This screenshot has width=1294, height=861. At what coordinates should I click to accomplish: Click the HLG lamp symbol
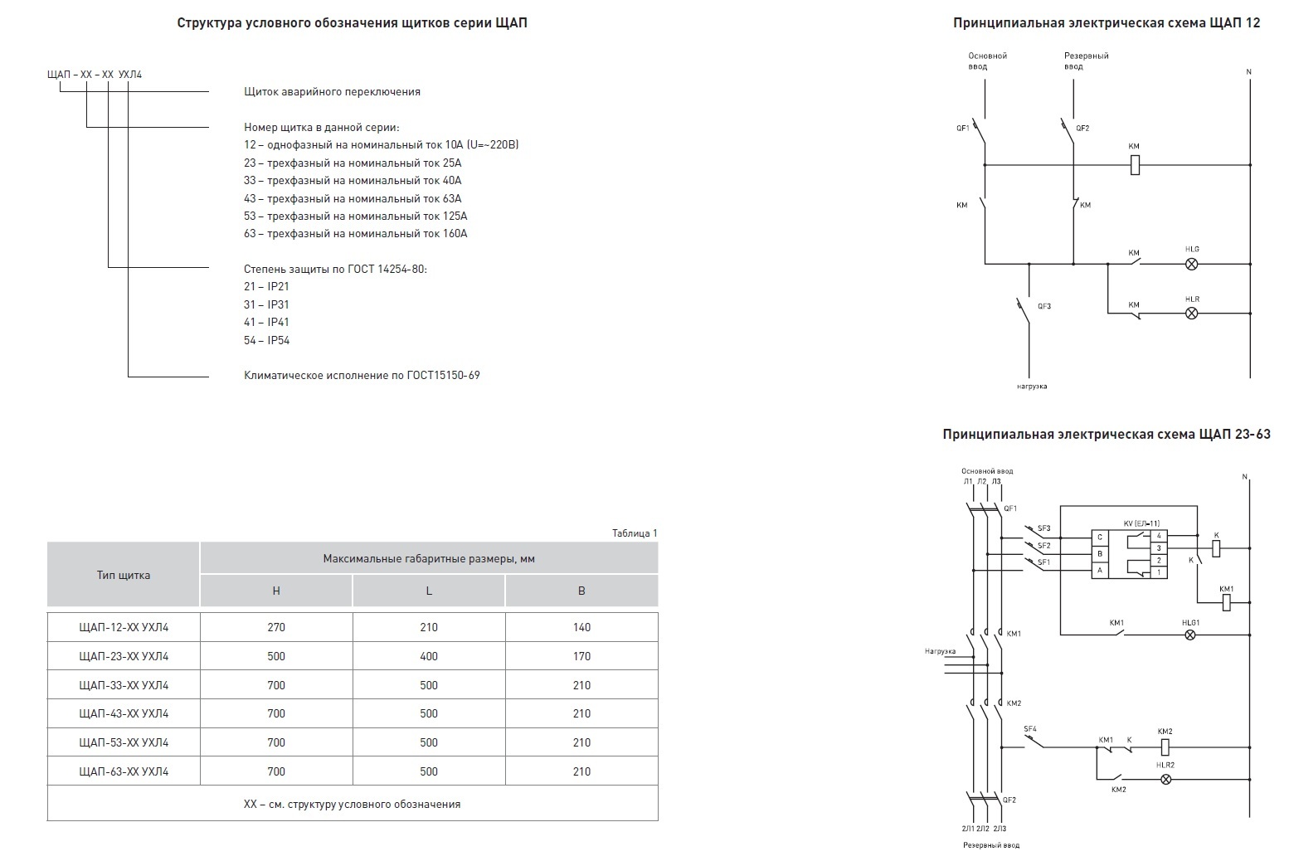pos(1191,264)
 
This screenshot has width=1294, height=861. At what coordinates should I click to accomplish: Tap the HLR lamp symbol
pos(1191,314)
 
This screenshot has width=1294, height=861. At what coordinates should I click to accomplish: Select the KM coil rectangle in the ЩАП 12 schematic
pos(1135,165)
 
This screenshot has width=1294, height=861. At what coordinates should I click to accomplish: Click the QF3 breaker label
pos(1043,306)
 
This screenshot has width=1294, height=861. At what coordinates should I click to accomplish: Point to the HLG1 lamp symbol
pos(1190,635)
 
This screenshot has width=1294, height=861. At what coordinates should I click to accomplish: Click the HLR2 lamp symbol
pos(1165,779)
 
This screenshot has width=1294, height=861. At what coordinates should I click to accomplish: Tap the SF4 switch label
pos(1030,728)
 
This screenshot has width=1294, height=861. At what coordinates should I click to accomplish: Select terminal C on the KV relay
pos(1099,537)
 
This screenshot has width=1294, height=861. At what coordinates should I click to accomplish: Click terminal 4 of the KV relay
pos(1158,536)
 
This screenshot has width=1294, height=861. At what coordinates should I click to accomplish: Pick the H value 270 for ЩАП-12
pos(276,627)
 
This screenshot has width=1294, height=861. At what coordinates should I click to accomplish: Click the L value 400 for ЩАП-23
pos(429,656)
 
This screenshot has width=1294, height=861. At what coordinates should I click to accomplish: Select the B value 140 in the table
pos(581,627)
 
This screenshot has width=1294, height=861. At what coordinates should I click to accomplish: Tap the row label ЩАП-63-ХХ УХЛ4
pos(124,771)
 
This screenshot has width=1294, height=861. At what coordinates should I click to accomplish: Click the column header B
pos(581,591)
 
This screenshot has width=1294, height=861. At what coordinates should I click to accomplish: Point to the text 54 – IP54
pos(266,340)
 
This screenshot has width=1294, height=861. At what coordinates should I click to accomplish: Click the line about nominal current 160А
pos(355,233)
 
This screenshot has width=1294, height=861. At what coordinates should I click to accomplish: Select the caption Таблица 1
pos(635,533)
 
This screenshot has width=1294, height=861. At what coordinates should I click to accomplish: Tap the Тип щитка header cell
pos(123,575)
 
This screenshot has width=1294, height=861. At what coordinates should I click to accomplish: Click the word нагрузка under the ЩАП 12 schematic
pos(1032,386)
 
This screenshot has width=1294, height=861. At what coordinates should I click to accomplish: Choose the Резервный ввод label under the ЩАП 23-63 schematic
pos(990,844)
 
